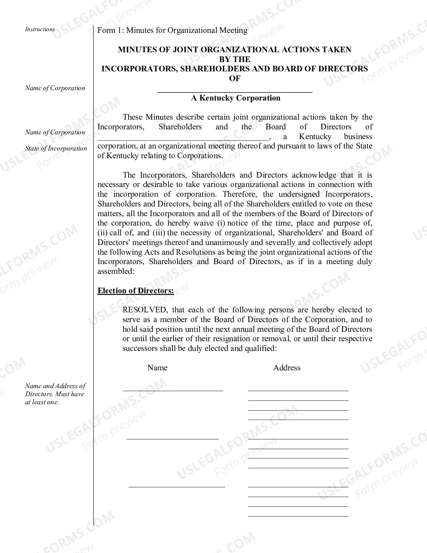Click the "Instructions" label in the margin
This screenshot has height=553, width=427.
[x=40, y=29]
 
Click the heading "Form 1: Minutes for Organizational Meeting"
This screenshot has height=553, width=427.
[x=172, y=30]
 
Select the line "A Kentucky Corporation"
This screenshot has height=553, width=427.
[x=235, y=98]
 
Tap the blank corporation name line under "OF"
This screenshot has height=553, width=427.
[x=235, y=91]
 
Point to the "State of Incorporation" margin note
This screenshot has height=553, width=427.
[x=56, y=148]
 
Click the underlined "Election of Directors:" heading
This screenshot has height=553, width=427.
[x=136, y=291]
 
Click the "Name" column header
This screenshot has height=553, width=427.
[x=157, y=368]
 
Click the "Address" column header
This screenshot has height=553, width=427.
[x=287, y=368]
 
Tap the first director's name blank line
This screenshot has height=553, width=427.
[x=172, y=390]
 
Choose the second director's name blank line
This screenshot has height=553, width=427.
[x=172, y=438]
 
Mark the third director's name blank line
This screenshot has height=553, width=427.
[x=176, y=487]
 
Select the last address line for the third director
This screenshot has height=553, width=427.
[x=298, y=516]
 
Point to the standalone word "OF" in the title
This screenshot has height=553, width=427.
[x=234, y=78]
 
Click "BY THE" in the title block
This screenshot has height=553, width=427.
[x=234, y=59]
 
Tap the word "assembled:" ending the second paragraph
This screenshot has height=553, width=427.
[x=116, y=271]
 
